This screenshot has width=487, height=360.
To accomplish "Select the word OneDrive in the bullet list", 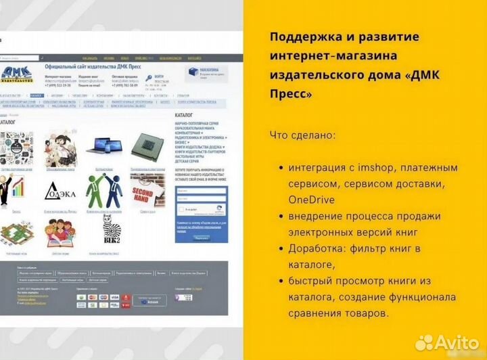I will pos(311,200).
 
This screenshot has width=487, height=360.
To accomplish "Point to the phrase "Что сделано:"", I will pos(302,135).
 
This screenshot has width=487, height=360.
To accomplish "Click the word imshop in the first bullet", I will pos(385,167).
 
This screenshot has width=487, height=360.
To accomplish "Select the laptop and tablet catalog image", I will pos(102,144).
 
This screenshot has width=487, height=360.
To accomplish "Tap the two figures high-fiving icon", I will pos(102,187).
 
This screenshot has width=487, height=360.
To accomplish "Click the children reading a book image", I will pos(60,233).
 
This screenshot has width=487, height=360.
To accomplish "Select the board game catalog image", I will pos(16,233).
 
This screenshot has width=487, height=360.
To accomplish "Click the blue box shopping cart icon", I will pos(194,71).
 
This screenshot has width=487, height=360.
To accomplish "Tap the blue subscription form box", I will pos(200,209).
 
